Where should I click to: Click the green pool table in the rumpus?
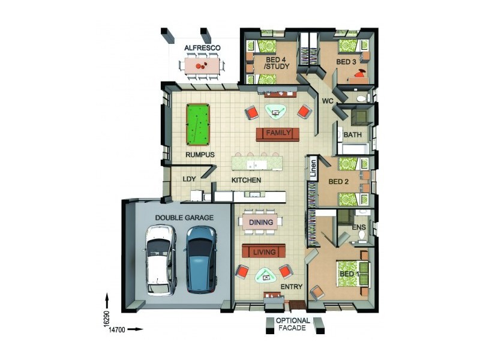(x=197, y=124)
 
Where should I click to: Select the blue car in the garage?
(x=201, y=259)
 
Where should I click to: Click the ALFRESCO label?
(x=202, y=47)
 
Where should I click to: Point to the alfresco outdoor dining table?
(x=202, y=65)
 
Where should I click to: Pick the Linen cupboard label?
(x=312, y=168)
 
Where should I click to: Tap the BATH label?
(x=351, y=134)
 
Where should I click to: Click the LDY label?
(x=190, y=179)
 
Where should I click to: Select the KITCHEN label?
(x=247, y=180)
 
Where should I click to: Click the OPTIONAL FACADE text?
(x=293, y=325)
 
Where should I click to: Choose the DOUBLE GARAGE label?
(x=184, y=218)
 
